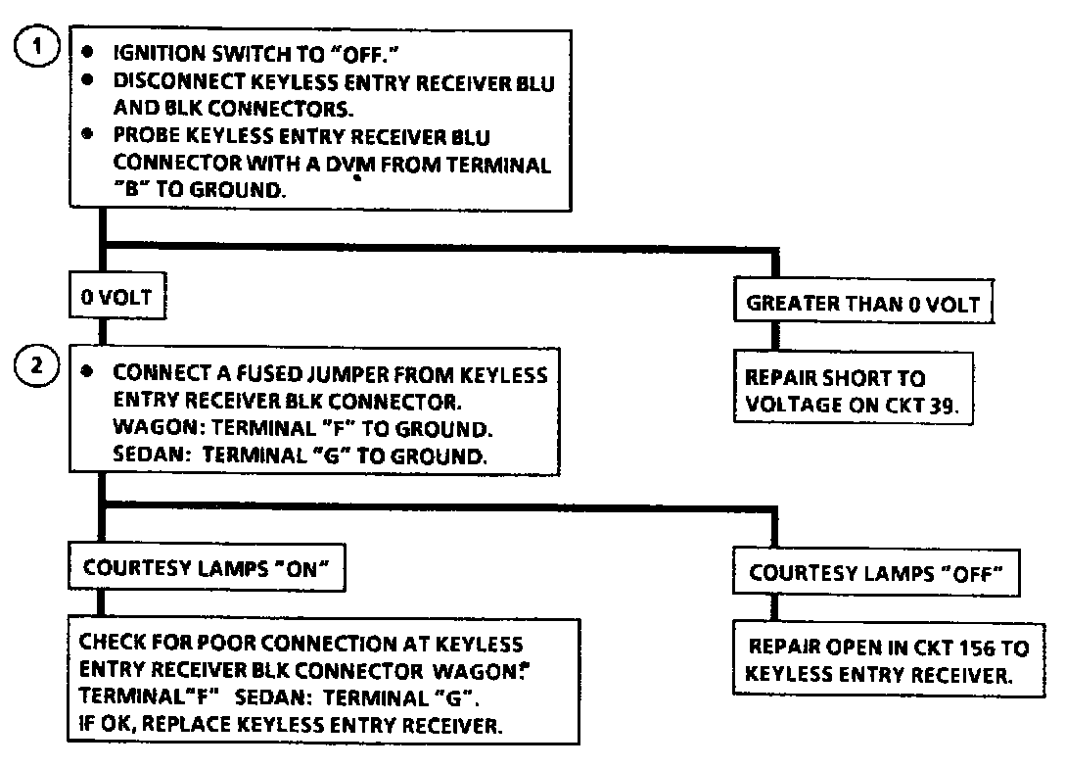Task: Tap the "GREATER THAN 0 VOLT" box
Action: (x=864, y=303)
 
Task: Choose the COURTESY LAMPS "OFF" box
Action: (x=876, y=574)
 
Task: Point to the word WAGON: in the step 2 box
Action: (x=149, y=428)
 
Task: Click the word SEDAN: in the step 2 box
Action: (x=146, y=456)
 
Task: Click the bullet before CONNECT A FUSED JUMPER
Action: (x=88, y=373)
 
